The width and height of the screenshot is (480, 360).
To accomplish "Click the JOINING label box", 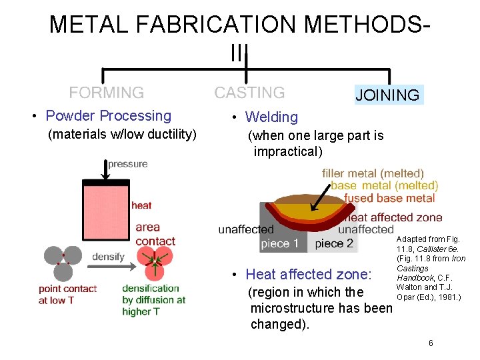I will tap(387, 95).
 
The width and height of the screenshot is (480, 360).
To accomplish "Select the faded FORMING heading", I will tap(107, 93).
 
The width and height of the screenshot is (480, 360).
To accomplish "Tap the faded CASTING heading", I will tap(249, 93).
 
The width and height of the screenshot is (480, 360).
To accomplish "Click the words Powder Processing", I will tap(108, 116).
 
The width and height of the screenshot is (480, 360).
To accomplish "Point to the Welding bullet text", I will tap(271, 117).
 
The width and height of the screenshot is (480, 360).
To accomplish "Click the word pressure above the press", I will tap(128, 164).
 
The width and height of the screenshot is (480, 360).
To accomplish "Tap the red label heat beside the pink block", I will tap(141, 205).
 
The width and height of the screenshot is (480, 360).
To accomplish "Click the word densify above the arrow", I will tap(107, 257).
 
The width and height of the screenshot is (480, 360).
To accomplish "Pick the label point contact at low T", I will tap(67, 294).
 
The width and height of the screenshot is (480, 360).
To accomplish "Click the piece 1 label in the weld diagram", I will tap(279, 243).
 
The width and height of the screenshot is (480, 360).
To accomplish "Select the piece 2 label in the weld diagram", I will tap(334, 243).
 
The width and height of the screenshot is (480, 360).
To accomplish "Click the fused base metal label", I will tap(389, 198).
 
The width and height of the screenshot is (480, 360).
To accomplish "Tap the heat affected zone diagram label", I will tap(395, 217).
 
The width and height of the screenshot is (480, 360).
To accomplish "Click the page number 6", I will tap(431, 343).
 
